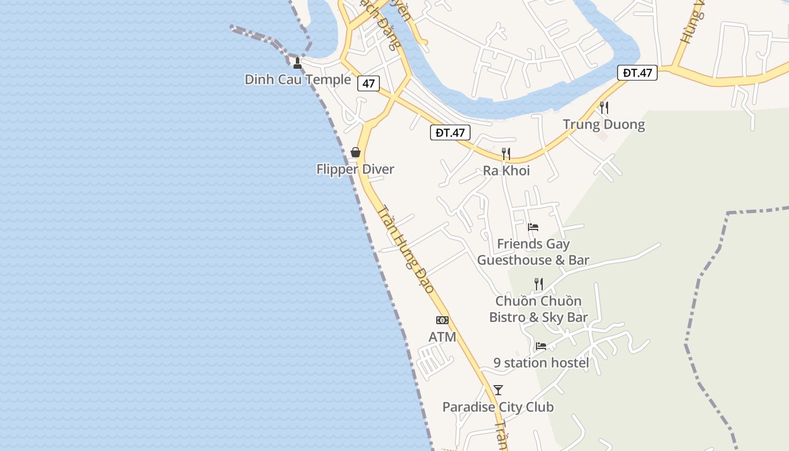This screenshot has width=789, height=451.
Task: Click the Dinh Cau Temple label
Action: coord(298,79)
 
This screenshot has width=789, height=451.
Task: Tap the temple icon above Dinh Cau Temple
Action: coord(298,63)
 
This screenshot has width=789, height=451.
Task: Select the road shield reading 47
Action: coord(369,83)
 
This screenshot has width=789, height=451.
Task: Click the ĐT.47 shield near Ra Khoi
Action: coord(450,132)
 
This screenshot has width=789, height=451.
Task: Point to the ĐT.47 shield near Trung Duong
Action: coord(637,72)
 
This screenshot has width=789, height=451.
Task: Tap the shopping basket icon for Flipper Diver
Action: coord(356,152)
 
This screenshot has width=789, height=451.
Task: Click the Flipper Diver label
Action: coord(355,169)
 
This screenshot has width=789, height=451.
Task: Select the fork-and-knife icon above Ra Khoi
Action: coord(506,153)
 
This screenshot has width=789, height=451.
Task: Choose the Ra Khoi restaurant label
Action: coord(506,170)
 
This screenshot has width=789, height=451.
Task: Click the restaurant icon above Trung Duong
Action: coord(604,107)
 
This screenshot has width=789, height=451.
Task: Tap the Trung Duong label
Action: coord(604,124)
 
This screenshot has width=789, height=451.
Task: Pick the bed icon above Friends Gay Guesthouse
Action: coord(533,227)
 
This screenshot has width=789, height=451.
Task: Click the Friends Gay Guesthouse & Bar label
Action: coord(533,252)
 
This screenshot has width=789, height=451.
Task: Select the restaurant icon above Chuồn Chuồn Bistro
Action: coord(539,284)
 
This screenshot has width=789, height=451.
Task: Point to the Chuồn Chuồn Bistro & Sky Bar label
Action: coord(538,309)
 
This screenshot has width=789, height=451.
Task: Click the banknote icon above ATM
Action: coord(442,320)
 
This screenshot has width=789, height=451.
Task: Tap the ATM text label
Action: coord(442,337)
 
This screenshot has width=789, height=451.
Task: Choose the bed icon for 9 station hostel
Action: coord(541,346)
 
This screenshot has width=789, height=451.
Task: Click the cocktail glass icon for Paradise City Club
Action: coord(498,390)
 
